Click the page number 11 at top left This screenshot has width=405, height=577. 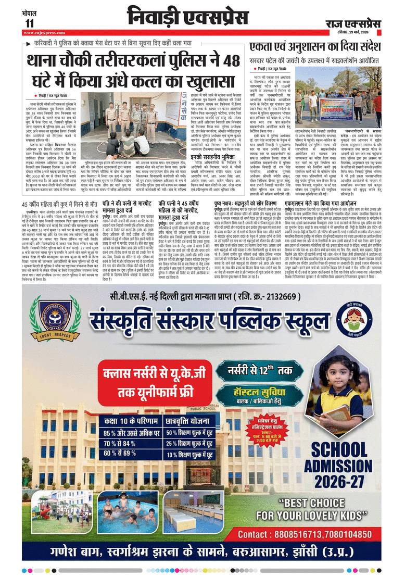click(29, 23)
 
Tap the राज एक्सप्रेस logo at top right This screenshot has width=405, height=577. click(353, 24)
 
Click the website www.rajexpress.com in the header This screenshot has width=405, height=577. click(44, 32)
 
